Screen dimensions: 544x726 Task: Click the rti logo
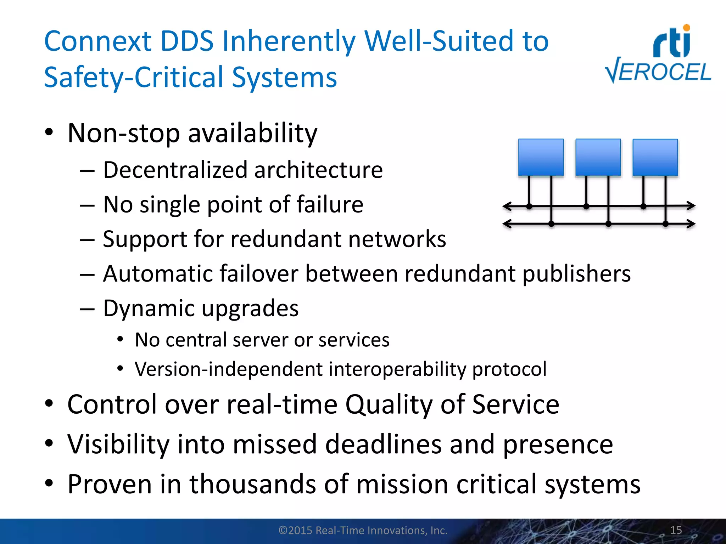pyautogui.click(x=672, y=42)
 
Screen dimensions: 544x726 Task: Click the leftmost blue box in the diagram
pyautogui.click(x=541, y=157)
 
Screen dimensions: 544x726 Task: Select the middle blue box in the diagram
pyautogui.click(x=598, y=157)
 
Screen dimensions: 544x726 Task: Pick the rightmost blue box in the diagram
pyautogui.click(x=655, y=157)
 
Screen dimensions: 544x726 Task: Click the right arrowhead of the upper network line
pyautogui.click(x=691, y=205)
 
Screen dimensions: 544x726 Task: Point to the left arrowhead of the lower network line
pyautogui.click(x=507, y=224)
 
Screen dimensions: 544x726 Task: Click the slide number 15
pyautogui.click(x=676, y=530)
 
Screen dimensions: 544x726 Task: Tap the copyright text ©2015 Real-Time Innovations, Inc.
pyautogui.click(x=363, y=530)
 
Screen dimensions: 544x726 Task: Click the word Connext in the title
pyautogui.click(x=98, y=41)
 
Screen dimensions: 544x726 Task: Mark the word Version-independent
pyautogui.click(x=228, y=369)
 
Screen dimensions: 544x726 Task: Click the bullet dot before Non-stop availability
pyautogui.click(x=49, y=133)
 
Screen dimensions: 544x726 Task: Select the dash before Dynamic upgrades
pyautogui.click(x=87, y=309)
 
